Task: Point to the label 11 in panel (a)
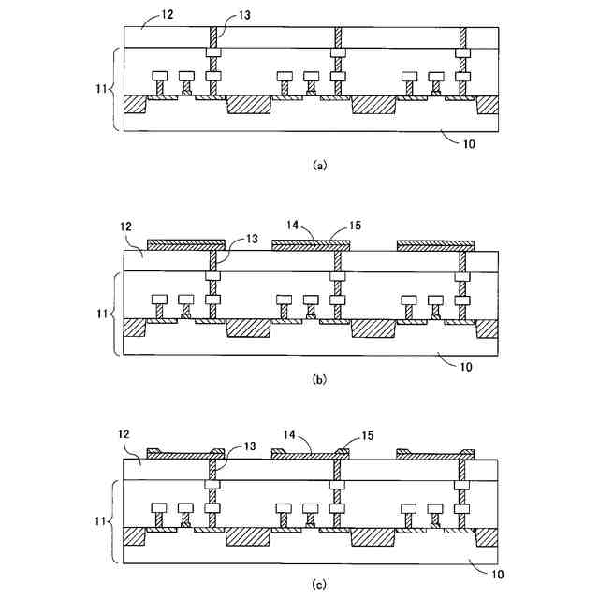[103, 90]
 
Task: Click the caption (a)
[319, 165]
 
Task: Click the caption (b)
[319, 381]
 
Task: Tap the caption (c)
[319, 584]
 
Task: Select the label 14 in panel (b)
[293, 226]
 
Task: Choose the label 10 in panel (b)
[466, 366]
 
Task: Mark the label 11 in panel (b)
[103, 314]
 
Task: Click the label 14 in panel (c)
[293, 434]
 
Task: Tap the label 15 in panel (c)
[367, 434]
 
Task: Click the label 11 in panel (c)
[103, 521]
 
